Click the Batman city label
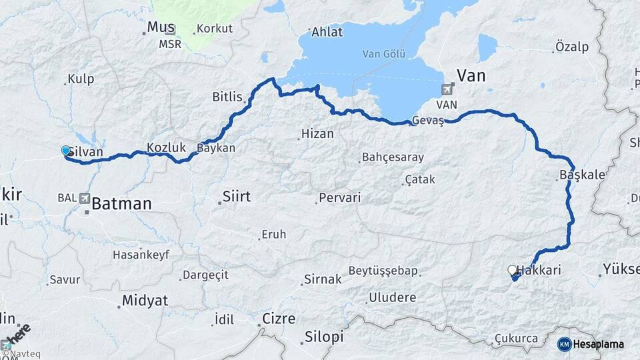[x=121, y=203]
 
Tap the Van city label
[x=471, y=75]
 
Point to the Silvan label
[x=86, y=152]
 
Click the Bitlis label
[x=227, y=97]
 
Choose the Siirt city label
[x=236, y=197]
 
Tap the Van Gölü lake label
[x=384, y=54]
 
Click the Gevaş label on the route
[x=428, y=121]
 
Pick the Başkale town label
[x=583, y=175]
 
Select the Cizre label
[x=279, y=319]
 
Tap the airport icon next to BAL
[x=85, y=198]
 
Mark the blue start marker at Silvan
[x=65, y=151]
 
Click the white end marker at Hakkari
[x=512, y=270]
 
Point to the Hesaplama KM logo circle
[x=564, y=344]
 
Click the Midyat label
[x=145, y=301]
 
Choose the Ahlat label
[x=327, y=32]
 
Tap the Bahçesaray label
[x=393, y=158]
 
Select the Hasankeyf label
[x=141, y=255]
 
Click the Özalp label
[x=571, y=47]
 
